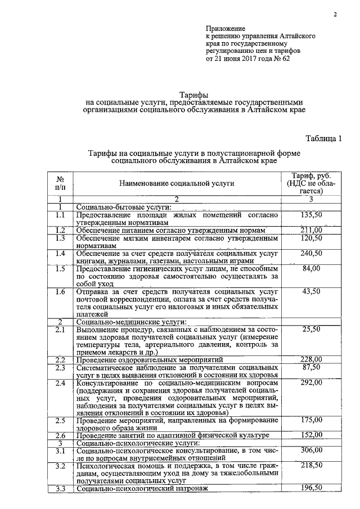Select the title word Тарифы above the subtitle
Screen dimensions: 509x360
click(x=193, y=94)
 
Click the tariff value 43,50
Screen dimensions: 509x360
click(x=311, y=291)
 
